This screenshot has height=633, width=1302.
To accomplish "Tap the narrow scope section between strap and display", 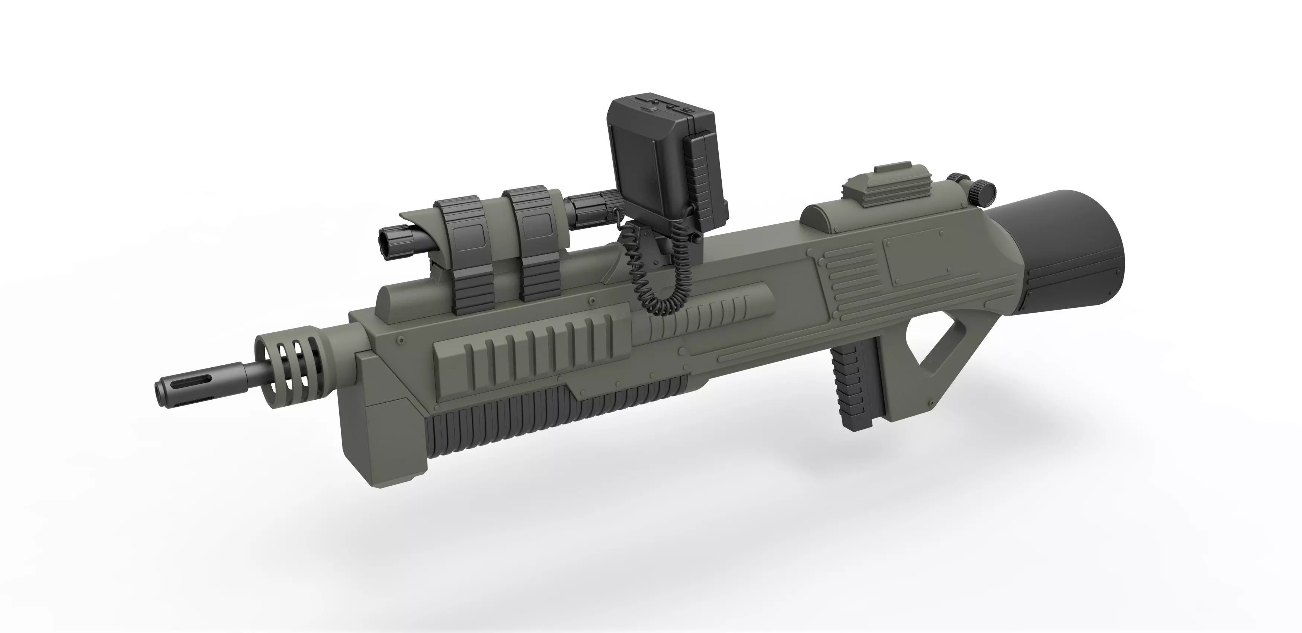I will click(x=591, y=205).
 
